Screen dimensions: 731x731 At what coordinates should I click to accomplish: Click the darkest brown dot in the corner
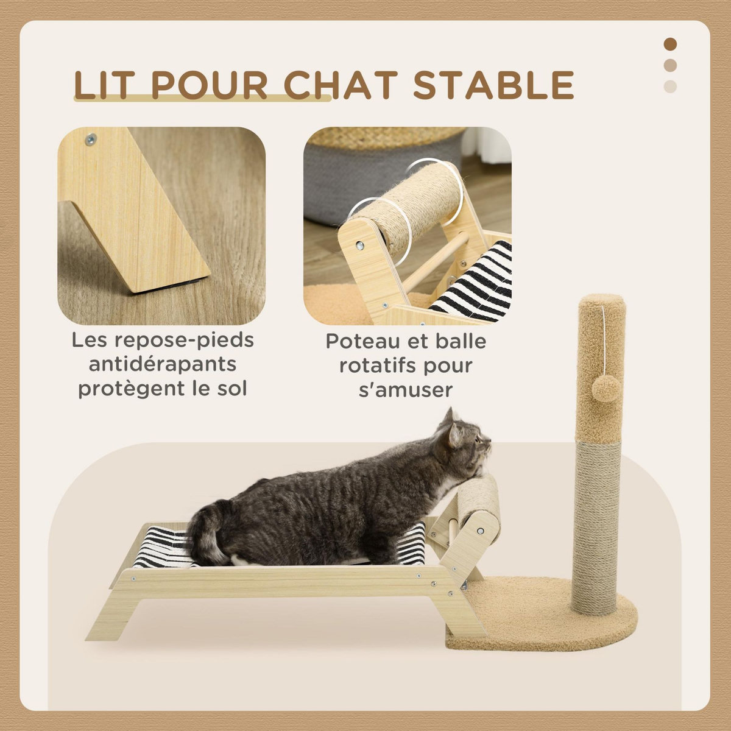pyautogui.click(x=670, y=44)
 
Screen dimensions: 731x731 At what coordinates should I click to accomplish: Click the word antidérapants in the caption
pyautogui.click(x=163, y=364)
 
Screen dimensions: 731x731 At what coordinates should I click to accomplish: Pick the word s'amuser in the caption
pyautogui.click(x=406, y=389)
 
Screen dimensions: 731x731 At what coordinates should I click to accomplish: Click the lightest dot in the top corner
pyautogui.click(x=670, y=86)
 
